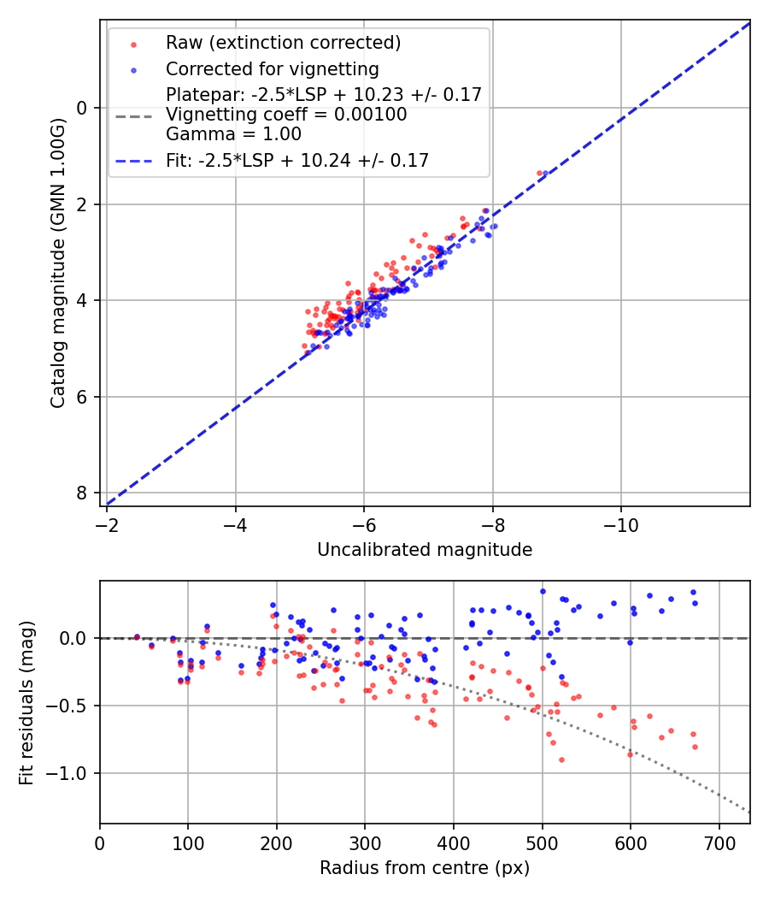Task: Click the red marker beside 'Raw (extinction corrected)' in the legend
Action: (133, 44)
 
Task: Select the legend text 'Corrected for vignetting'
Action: (272, 68)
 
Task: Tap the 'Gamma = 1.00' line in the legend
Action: (233, 133)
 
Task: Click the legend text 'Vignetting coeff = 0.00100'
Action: (286, 115)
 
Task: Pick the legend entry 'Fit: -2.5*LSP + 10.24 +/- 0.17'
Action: (297, 160)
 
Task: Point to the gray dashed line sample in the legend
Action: (133, 115)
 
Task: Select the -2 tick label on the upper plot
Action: (107, 523)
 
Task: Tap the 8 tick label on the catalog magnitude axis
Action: (83, 493)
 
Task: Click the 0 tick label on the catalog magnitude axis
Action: (83, 108)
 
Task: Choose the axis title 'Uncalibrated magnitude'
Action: (425, 550)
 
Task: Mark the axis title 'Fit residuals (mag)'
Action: (26, 702)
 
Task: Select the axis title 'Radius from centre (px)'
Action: (425, 868)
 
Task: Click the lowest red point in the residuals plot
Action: (561, 759)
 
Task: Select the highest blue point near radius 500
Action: (543, 591)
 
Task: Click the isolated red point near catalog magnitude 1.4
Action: (539, 173)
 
